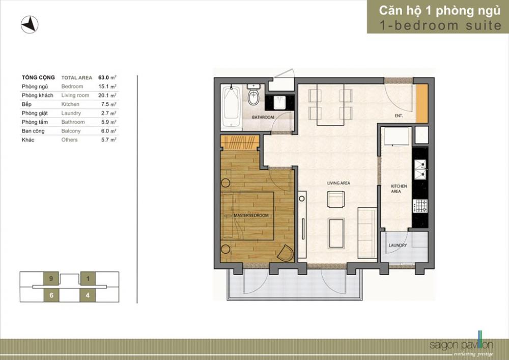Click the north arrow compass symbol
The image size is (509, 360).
[x=30, y=24]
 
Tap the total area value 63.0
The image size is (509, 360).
[x=103, y=77]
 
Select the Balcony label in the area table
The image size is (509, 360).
[x=71, y=131]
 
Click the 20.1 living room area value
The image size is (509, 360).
[x=103, y=95]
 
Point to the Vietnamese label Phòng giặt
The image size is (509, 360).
[x=35, y=113]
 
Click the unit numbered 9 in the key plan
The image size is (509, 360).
[x=51, y=279]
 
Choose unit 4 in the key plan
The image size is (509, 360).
[x=88, y=295]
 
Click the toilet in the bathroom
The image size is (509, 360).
[x=253, y=95]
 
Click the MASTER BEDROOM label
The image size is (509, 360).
[x=251, y=215]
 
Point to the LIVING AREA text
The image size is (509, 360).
[x=338, y=183]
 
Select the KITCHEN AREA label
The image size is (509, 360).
[x=399, y=188]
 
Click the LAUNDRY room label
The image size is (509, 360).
[x=398, y=245]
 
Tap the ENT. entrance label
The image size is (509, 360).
[x=399, y=116]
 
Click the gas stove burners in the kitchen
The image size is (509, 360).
[x=420, y=206]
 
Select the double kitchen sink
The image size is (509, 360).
[x=421, y=170]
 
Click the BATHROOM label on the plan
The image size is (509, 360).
[x=263, y=117]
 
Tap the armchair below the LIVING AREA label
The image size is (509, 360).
[x=335, y=199]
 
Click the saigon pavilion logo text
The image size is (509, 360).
[x=461, y=345]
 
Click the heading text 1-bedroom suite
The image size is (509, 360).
[x=440, y=25]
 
